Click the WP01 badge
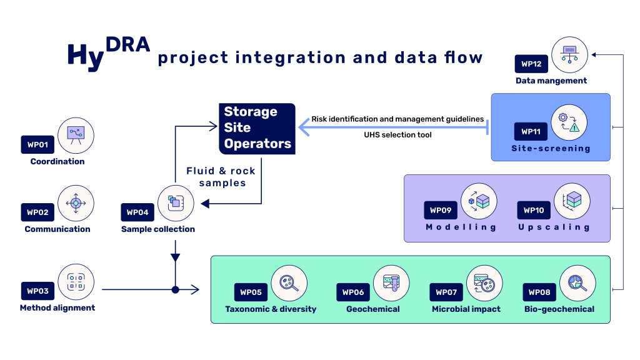(x=38, y=145)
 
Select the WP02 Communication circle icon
(x=76, y=202)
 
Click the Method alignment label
(x=57, y=307)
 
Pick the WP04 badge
(x=138, y=212)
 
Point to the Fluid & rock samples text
(x=221, y=176)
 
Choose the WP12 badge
(x=531, y=64)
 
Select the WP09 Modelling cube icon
(x=479, y=201)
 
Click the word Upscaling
(x=554, y=227)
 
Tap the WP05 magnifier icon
(x=289, y=283)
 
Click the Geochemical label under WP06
(x=373, y=309)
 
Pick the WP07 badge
(x=447, y=292)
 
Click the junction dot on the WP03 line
(x=176, y=289)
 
